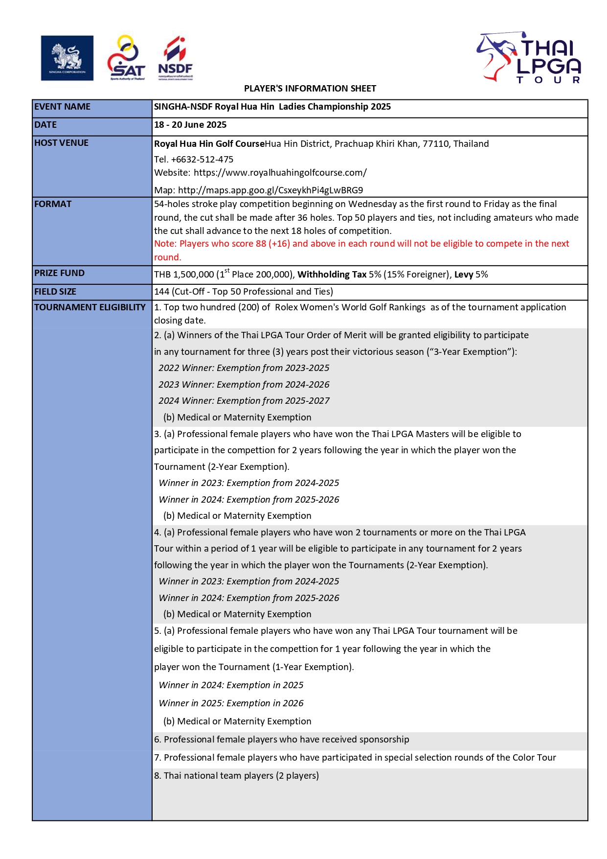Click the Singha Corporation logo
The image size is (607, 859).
(67, 58)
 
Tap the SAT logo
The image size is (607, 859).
(126, 58)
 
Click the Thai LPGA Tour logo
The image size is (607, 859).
(529, 58)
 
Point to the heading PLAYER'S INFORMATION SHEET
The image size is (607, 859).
(310, 89)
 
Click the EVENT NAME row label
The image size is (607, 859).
(62, 107)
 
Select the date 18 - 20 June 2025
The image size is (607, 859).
(190, 125)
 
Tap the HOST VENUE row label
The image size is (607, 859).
(61, 143)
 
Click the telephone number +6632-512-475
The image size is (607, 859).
(202, 160)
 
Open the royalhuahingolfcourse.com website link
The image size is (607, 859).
(280, 173)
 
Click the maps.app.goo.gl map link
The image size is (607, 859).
(270, 190)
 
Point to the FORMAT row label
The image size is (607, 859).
(53, 204)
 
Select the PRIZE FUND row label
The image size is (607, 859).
(59, 273)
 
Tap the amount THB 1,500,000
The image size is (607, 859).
(184, 275)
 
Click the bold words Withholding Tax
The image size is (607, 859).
(332, 275)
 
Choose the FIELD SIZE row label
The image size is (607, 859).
(55, 292)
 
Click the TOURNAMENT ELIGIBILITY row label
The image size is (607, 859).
(90, 307)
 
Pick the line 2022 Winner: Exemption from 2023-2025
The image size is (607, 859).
(244, 368)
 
